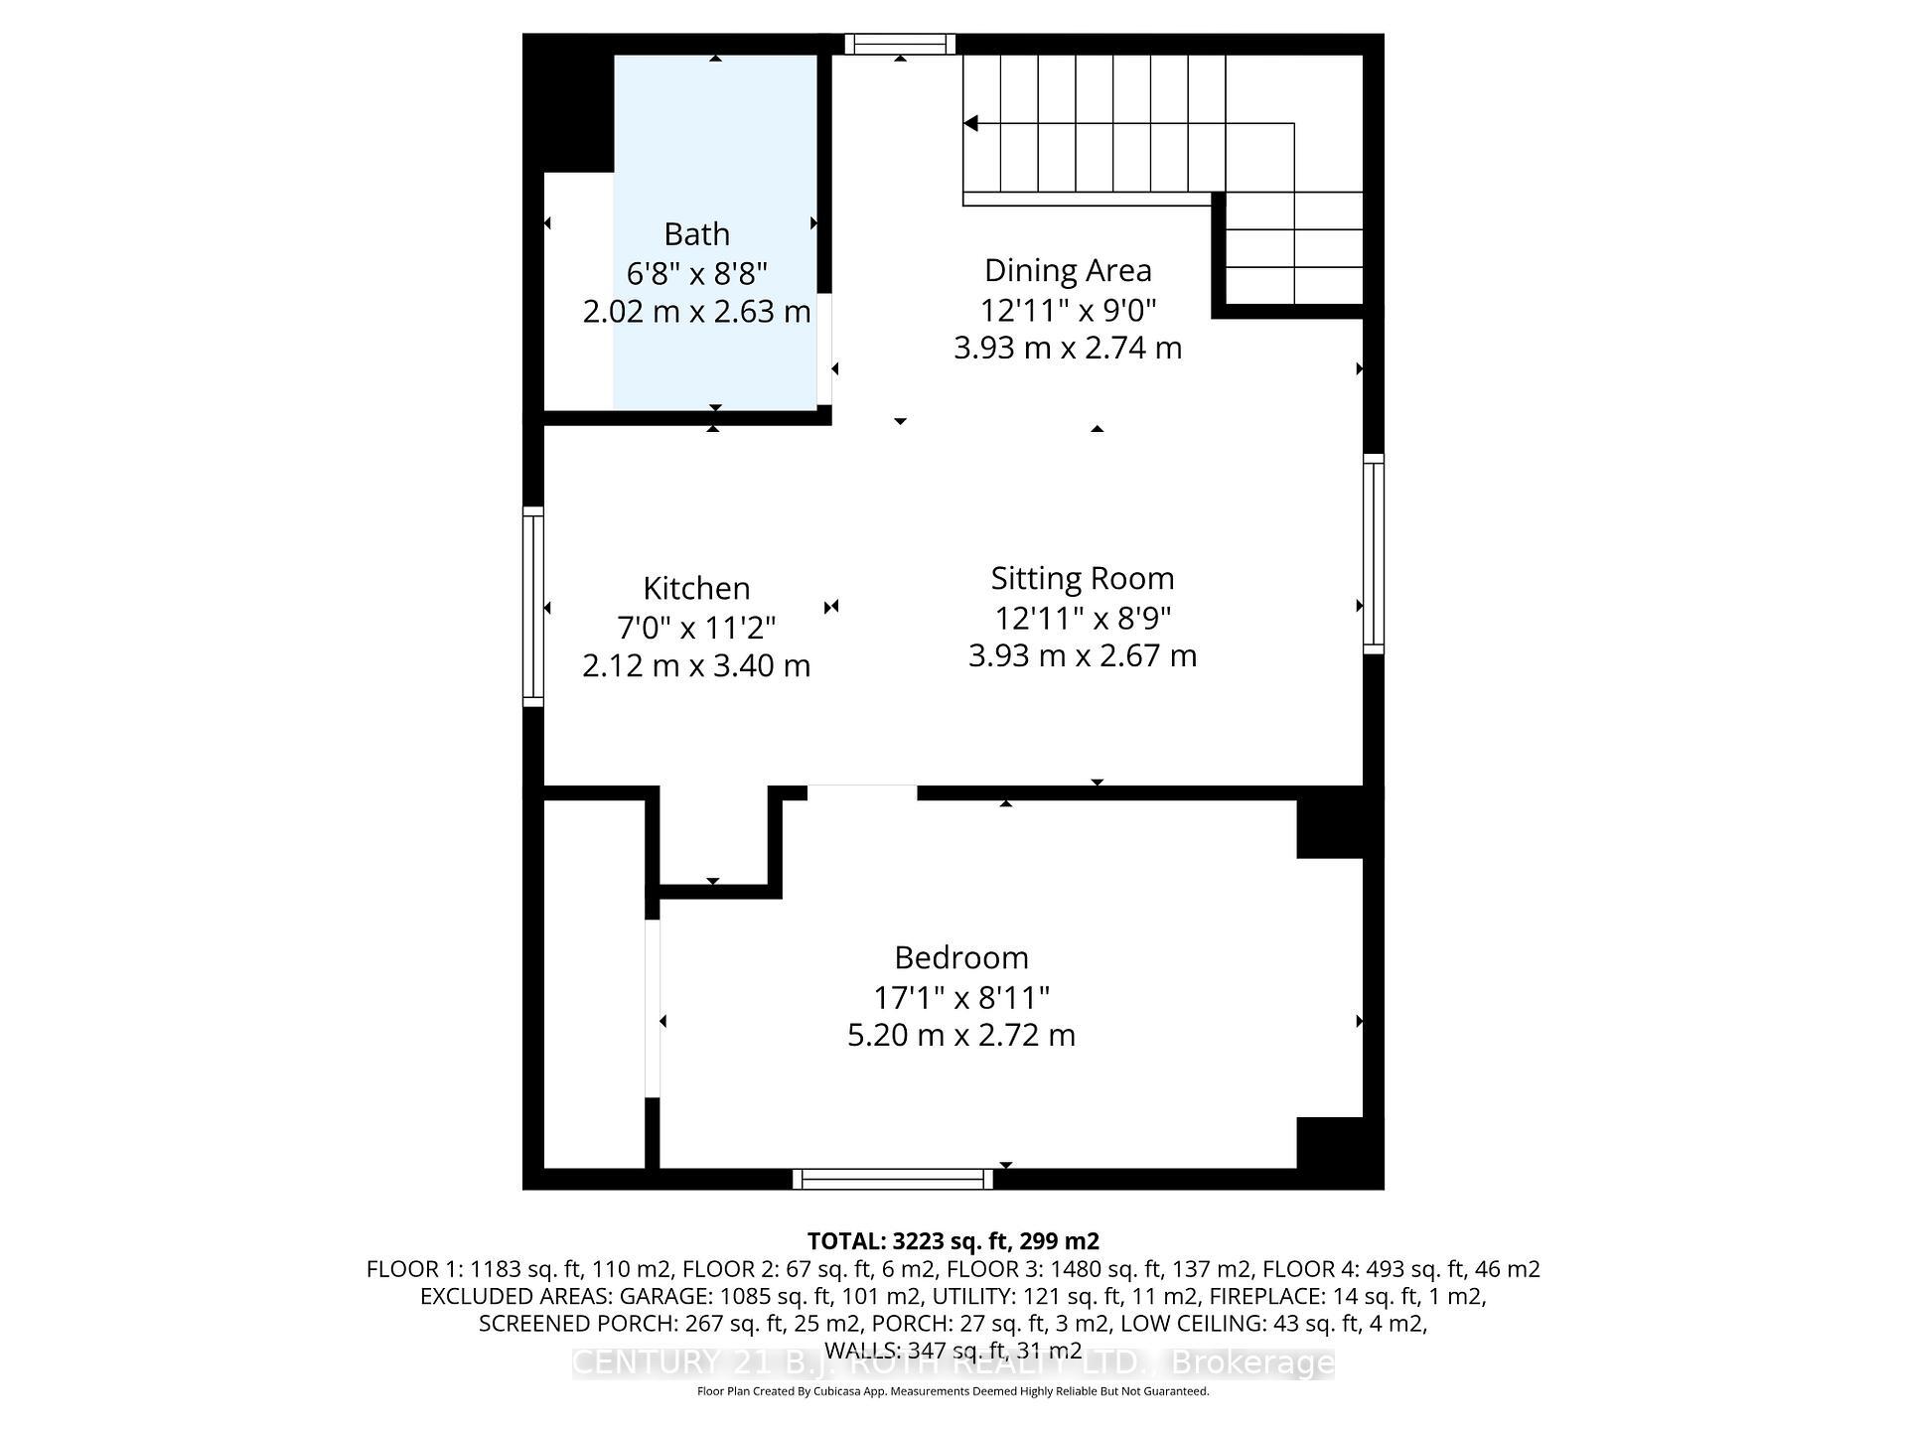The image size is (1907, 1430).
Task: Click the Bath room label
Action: pyautogui.click(x=696, y=234)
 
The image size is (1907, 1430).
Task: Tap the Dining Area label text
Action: pyautogui.click(x=1068, y=270)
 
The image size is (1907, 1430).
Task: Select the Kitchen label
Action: pyautogui.click(x=696, y=588)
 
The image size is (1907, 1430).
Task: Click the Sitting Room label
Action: pyautogui.click(x=1082, y=578)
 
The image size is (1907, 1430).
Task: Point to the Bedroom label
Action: pyautogui.click(x=960, y=957)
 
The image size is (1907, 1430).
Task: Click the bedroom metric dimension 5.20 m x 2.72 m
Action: pyautogui.click(x=960, y=1035)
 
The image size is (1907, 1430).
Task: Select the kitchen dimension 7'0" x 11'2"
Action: pyautogui.click(x=696, y=628)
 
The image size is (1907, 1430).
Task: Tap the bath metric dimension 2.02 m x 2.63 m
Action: pyautogui.click(x=696, y=312)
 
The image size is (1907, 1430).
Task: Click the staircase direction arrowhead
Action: pyautogui.click(x=971, y=123)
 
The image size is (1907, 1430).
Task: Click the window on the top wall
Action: pyautogui.click(x=900, y=44)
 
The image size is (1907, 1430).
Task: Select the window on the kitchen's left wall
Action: pyautogui.click(x=533, y=606)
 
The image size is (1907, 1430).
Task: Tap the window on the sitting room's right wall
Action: pyautogui.click(x=1373, y=553)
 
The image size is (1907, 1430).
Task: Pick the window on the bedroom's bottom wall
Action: pyautogui.click(x=892, y=1179)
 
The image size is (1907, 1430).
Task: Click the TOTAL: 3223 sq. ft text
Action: pyautogui.click(x=952, y=1241)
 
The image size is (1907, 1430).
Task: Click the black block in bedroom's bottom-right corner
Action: pyautogui.click(x=1338, y=1152)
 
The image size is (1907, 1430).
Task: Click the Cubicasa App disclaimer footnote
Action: pyautogui.click(x=953, y=1391)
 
